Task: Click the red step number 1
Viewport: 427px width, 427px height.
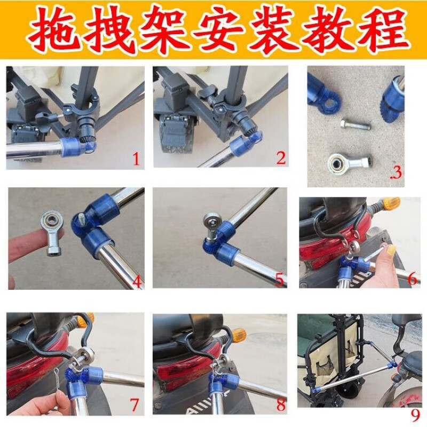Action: tap(136, 159)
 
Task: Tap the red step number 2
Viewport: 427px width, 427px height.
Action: tap(281, 157)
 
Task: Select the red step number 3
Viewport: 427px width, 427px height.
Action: tap(397, 172)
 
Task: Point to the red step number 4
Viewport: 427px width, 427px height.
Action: tap(137, 282)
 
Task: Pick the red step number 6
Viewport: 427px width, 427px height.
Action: tap(412, 278)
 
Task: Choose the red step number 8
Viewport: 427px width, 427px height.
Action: tap(281, 405)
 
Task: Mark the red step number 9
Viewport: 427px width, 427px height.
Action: tap(415, 415)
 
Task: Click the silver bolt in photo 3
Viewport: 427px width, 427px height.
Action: tap(355, 125)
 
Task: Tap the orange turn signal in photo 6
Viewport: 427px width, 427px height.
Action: tap(392, 203)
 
